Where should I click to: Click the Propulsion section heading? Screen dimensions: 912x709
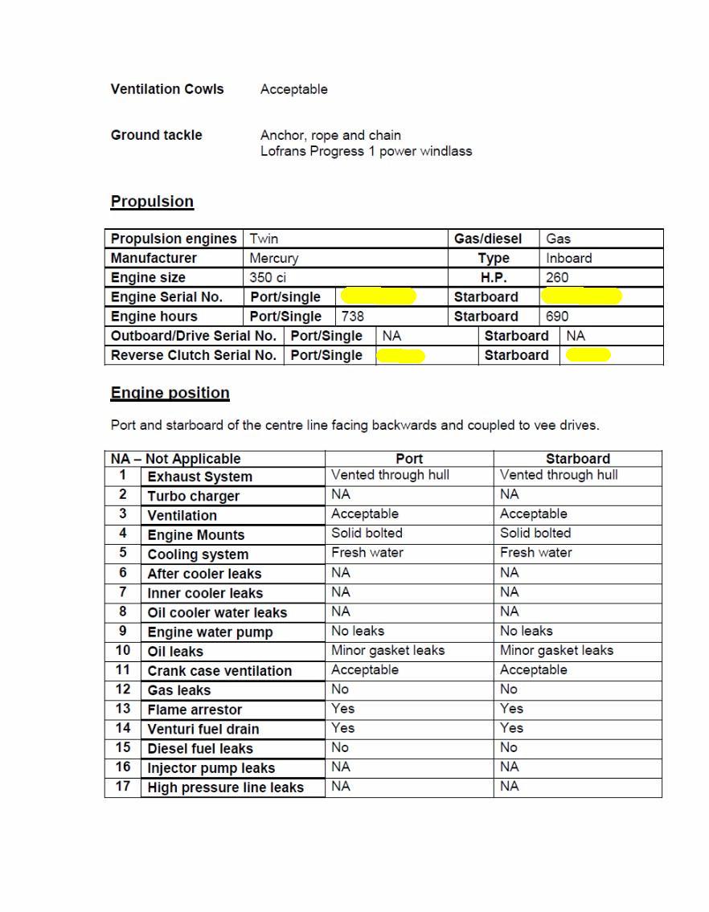click(x=152, y=202)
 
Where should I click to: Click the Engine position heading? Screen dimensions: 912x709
click(x=170, y=393)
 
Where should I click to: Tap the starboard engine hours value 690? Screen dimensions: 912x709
click(x=557, y=317)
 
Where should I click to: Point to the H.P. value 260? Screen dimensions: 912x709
click(x=557, y=277)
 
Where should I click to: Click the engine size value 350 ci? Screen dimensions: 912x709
click(x=268, y=277)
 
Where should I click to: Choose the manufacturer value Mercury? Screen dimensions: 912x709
click(x=274, y=258)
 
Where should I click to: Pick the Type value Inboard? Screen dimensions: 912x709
click(x=568, y=258)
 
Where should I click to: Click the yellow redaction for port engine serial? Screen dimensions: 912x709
click(x=378, y=297)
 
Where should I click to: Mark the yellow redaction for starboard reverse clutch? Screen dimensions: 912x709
click(x=588, y=355)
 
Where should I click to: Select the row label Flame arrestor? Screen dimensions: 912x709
click(x=195, y=710)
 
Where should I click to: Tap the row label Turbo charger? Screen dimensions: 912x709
click(x=194, y=496)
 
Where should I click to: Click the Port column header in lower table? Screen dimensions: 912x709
click(x=409, y=459)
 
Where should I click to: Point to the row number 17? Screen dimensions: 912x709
click(x=123, y=786)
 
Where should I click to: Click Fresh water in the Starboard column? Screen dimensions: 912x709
click(x=535, y=553)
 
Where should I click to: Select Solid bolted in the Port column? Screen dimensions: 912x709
click(x=367, y=533)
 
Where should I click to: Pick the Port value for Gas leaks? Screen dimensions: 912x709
click(x=340, y=689)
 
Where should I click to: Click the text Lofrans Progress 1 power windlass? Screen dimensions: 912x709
click(x=366, y=151)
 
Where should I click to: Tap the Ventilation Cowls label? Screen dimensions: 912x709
click(x=167, y=89)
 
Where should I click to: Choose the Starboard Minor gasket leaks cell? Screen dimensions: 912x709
click(x=556, y=651)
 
